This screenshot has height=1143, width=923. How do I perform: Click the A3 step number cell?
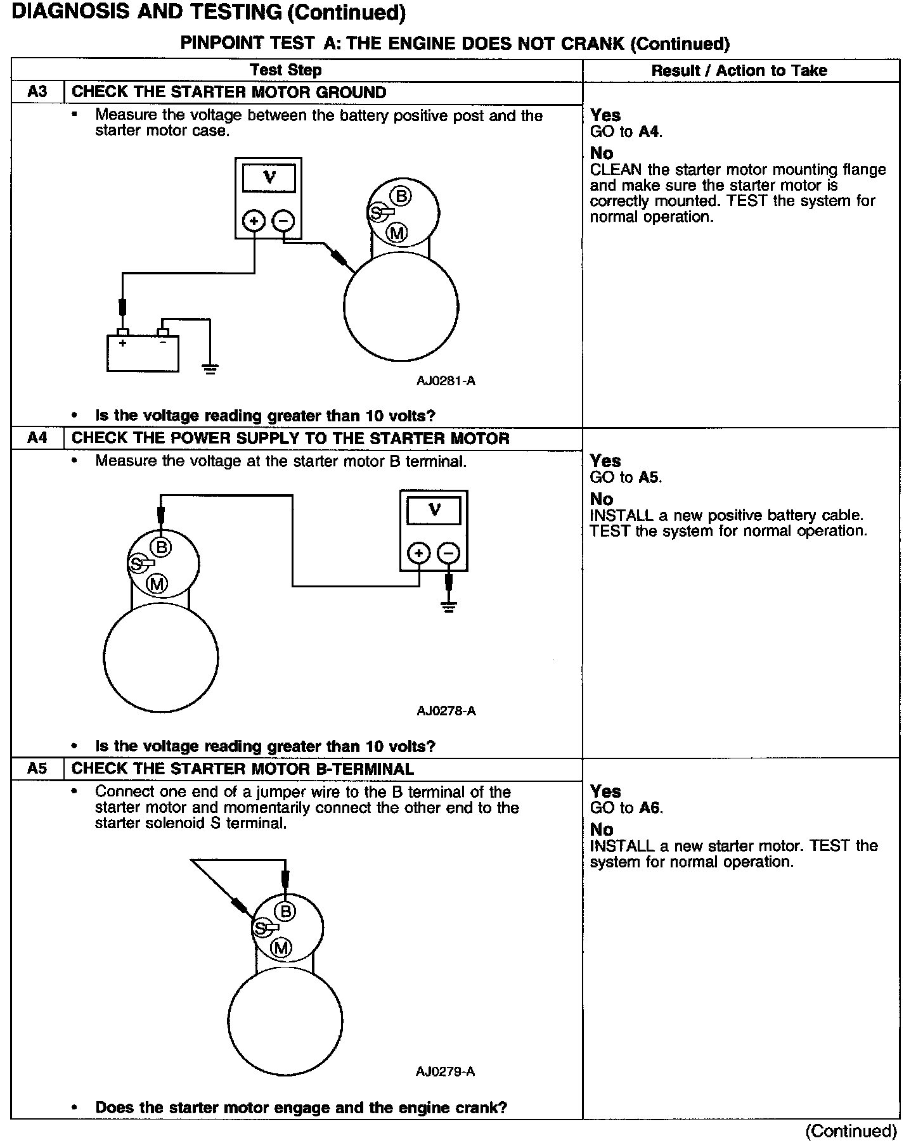(x=37, y=92)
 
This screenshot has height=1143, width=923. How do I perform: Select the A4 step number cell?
(x=37, y=438)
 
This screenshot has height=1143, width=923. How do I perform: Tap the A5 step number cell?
(x=37, y=769)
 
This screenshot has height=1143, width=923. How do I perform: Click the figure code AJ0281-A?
(x=446, y=381)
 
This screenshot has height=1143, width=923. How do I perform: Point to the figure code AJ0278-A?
(x=446, y=710)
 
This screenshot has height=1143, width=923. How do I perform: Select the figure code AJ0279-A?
(x=445, y=1071)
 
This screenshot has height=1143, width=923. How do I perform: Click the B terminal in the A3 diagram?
(x=401, y=196)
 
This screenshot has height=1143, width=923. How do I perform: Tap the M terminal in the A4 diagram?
(x=157, y=584)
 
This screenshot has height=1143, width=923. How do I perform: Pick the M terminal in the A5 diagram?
(x=281, y=948)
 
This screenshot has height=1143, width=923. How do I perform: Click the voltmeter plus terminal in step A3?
(x=254, y=220)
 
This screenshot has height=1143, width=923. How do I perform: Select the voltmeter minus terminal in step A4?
(x=448, y=552)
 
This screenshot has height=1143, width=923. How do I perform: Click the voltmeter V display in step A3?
(x=269, y=178)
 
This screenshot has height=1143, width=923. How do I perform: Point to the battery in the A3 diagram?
(x=143, y=352)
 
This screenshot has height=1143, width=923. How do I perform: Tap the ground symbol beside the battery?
(x=210, y=369)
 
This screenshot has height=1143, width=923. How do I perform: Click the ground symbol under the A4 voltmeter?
(x=448, y=607)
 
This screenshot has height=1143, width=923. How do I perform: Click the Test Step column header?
(x=285, y=70)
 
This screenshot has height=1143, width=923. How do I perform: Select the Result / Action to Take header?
(x=739, y=70)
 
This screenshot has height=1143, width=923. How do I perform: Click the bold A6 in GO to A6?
(x=650, y=807)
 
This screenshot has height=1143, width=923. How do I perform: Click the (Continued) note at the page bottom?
(x=851, y=1131)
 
